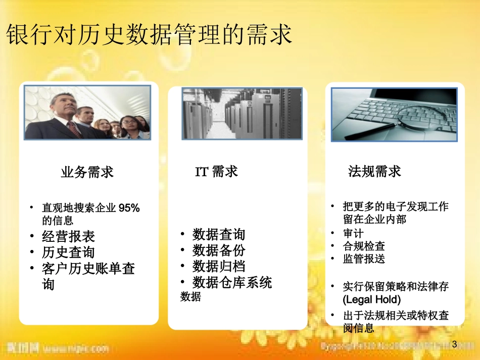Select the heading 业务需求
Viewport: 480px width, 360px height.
click(x=87, y=172)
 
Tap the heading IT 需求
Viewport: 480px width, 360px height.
click(x=216, y=172)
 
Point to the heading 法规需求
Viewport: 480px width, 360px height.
click(x=374, y=171)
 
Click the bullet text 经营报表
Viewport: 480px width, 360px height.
click(x=68, y=236)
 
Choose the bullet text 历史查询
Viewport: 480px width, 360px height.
click(x=68, y=252)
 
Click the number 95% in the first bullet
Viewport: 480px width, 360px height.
click(x=129, y=208)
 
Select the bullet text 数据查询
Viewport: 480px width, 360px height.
click(x=218, y=234)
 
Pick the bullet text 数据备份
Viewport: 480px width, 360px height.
click(x=218, y=250)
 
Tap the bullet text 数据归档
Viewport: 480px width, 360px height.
click(x=218, y=266)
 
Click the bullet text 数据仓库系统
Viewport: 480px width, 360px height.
click(x=232, y=282)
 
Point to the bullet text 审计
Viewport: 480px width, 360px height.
click(x=353, y=233)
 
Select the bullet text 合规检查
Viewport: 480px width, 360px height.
click(x=364, y=246)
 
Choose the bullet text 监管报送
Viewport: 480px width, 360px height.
click(x=364, y=259)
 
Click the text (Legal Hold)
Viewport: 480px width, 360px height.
click(x=371, y=299)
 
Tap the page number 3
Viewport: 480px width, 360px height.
click(x=453, y=344)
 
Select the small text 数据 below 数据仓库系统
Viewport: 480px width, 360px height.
click(x=190, y=297)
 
